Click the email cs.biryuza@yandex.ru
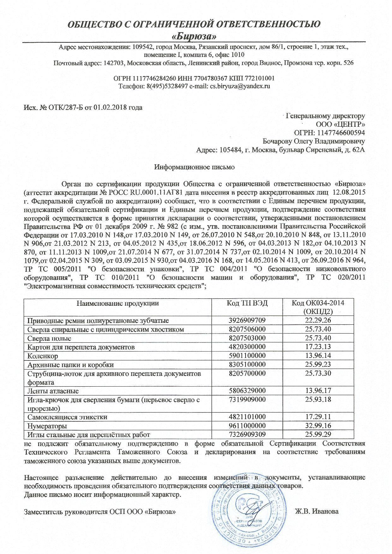[240, 86]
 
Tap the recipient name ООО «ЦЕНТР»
[340, 124]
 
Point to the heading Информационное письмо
[194, 167]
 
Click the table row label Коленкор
[43, 356]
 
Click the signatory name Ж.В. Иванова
[317, 511]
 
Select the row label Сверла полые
[49, 338]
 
